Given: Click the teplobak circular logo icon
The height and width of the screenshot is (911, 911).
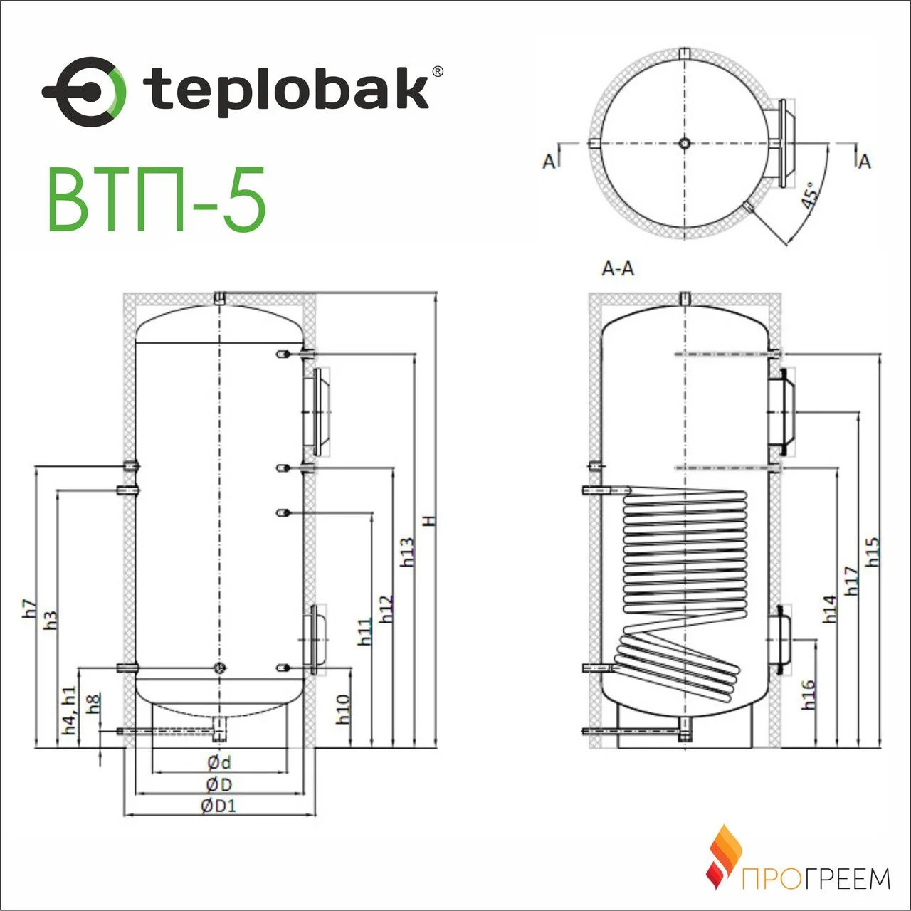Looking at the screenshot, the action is [x=84, y=92].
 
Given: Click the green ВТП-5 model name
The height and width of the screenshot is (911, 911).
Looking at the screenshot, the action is [x=157, y=199].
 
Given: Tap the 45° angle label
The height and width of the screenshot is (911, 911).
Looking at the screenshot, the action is [x=809, y=194].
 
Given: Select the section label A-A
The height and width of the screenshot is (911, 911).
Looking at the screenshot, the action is [x=618, y=269].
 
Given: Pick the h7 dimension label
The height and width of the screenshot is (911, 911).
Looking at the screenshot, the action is [x=28, y=609].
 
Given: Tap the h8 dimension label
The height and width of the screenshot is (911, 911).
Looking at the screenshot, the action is [x=94, y=703].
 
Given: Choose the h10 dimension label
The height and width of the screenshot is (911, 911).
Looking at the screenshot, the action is [x=343, y=709].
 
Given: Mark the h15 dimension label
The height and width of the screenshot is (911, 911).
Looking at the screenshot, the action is [x=873, y=552].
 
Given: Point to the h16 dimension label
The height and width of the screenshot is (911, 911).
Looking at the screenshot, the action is [x=809, y=695].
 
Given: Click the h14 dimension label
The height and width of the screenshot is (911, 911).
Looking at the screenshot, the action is [x=830, y=609].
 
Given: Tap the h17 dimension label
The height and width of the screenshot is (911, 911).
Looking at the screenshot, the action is [x=851, y=581].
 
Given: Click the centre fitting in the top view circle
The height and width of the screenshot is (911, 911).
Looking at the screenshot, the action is [x=684, y=143].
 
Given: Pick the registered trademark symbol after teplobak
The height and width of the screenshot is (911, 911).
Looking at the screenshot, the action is [x=438, y=71].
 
